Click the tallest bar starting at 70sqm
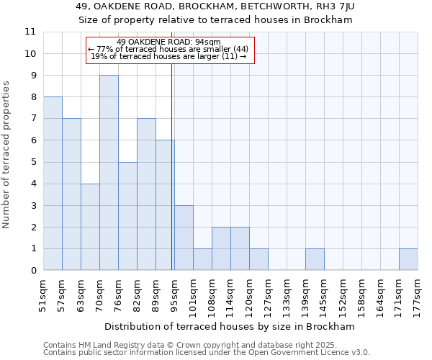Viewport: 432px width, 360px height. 109,173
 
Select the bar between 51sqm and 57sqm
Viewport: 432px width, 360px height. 53,184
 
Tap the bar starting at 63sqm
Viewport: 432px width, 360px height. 90,227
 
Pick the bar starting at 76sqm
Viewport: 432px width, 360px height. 127,216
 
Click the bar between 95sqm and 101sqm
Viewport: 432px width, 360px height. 184,238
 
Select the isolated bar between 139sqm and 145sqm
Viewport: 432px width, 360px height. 315,260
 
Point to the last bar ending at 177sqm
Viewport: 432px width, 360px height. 408,260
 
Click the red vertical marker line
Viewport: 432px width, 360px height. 172,166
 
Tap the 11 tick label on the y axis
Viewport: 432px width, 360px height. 30,32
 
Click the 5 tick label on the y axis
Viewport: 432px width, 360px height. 33,162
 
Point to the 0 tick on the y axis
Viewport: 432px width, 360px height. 33,271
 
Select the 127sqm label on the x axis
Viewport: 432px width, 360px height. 268,294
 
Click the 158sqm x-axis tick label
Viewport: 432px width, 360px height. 361,294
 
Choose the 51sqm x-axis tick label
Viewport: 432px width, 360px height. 43,294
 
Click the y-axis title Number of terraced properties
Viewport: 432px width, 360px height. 7,155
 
